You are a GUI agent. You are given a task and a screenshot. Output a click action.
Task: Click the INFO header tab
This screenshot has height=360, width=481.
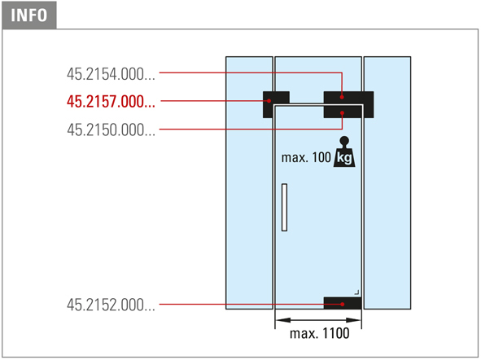coord(29,15)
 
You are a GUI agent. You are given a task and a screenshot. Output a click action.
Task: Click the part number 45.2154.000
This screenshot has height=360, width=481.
coord(111,74)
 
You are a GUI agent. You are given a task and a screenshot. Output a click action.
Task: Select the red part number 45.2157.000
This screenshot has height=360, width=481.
coord(111,102)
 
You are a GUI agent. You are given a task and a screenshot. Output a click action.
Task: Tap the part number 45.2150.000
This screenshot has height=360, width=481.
coord(111,130)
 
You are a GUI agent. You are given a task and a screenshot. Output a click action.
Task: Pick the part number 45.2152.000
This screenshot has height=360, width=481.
coord(111,305)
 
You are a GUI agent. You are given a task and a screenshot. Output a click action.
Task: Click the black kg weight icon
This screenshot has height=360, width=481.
coord(344,152)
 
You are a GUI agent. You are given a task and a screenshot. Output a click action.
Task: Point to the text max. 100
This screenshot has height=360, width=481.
coord(306,158)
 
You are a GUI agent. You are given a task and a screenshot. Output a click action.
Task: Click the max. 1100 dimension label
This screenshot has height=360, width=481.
coord(319,333)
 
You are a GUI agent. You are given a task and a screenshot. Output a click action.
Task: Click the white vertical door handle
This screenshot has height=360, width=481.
coord(284,207)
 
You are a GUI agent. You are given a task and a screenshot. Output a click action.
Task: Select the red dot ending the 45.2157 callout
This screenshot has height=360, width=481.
coord(269,101)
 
